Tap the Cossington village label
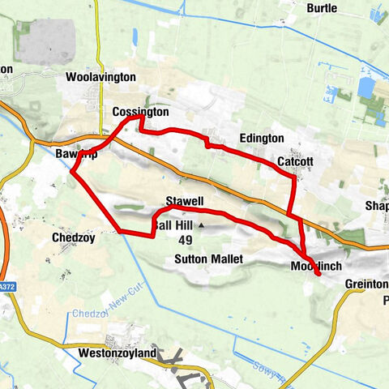140,111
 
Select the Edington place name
261,139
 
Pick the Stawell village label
183,200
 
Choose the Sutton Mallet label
208,259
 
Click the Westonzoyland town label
118,353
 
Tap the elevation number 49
186,240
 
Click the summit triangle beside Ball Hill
201,226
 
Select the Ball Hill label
173,224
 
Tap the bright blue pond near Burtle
365,88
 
